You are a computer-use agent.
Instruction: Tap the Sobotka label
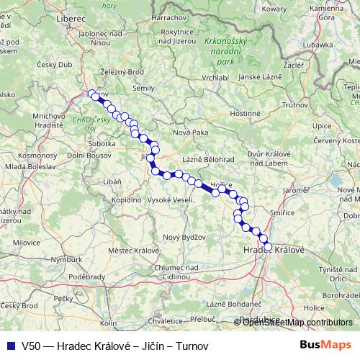pos(101,143)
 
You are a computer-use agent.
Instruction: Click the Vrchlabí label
pos(215,77)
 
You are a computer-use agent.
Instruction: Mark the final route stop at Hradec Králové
pos(269,247)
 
